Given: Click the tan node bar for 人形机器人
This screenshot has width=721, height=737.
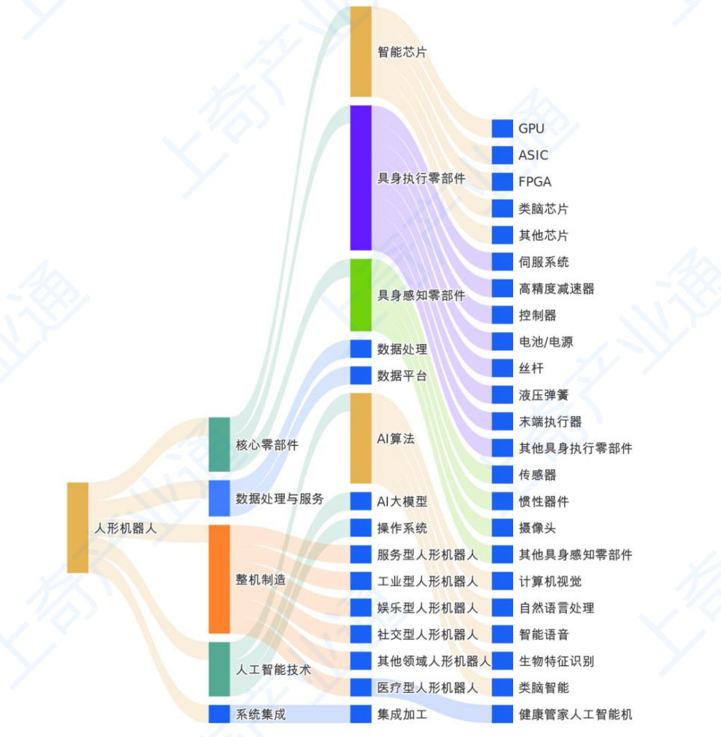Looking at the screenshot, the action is click(78, 527).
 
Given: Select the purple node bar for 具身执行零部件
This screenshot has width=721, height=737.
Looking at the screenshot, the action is click(360, 177).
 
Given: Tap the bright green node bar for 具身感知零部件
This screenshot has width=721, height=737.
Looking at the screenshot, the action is click(360, 295).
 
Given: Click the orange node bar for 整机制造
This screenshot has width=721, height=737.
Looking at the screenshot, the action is click(219, 579).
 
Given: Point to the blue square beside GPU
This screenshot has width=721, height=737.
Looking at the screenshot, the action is click(502, 128).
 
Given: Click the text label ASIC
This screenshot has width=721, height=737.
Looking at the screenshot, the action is click(533, 155).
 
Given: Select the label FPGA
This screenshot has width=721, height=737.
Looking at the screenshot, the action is click(535, 181).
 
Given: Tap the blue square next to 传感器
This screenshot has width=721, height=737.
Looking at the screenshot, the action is click(502, 474).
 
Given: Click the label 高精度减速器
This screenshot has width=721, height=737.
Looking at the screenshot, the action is click(556, 288).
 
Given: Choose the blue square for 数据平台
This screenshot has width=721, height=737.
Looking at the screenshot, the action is click(360, 376).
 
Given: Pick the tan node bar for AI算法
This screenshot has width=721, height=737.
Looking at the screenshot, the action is click(360, 438).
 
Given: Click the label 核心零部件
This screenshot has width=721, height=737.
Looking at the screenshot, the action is click(267, 444).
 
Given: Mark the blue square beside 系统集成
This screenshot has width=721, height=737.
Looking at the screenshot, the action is click(219, 714).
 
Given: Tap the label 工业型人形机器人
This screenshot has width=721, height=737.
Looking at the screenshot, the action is click(427, 581).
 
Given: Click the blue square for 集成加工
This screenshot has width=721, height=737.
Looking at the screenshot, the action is click(360, 714).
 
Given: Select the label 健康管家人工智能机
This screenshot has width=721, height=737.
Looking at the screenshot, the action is click(575, 715).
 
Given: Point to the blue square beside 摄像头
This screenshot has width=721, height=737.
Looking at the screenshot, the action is click(502, 527).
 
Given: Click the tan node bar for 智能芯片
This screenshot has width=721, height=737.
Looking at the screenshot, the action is click(360, 52).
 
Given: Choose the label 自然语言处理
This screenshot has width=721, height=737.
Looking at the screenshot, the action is click(556, 608).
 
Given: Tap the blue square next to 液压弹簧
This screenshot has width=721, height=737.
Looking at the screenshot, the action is click(502, 395).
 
